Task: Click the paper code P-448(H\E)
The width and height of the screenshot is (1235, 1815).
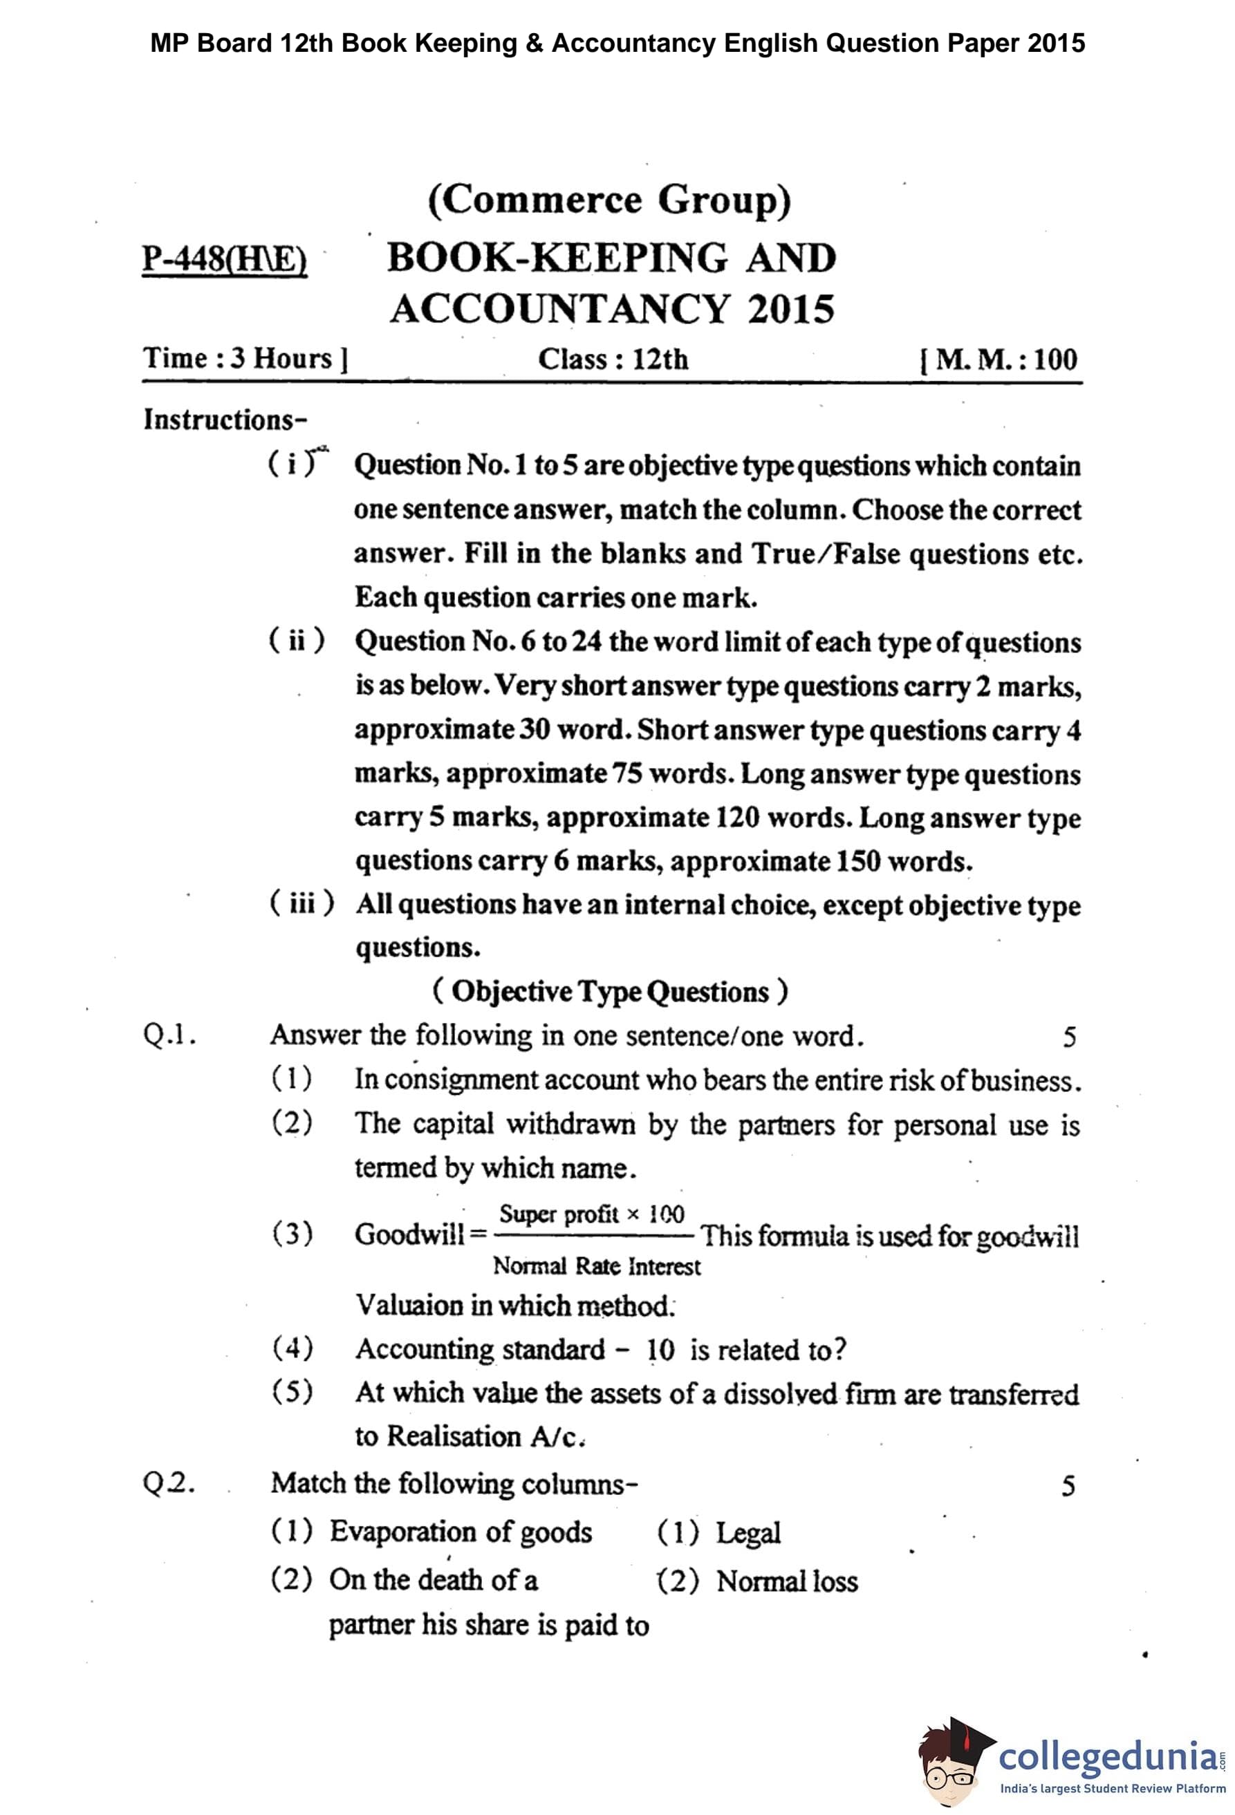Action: [x=224, y=258]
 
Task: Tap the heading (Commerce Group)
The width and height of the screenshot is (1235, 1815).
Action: [x=609, y=200]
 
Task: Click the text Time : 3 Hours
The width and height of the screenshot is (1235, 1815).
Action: [x=245, y=359]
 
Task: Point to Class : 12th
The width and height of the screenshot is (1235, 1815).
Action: [x=613, y=359]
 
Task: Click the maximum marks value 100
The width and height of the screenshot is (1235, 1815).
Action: [x=1055, y=359]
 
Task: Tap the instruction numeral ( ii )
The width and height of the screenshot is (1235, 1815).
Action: [x=296, y=641]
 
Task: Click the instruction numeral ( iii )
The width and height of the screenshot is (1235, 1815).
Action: [x=301, y=903]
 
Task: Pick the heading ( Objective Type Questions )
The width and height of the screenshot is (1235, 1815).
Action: [x=610, y=992]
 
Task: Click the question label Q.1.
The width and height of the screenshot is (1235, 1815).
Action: [x=169, y=1035]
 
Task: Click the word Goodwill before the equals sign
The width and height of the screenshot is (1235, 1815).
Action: [x=409, y=1234]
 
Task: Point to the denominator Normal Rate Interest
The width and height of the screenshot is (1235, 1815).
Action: [x=596, y=1266]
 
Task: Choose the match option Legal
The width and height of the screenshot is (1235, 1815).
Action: [x=748, y=1532]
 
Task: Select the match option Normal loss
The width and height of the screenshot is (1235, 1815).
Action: [x=787, y=1581]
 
